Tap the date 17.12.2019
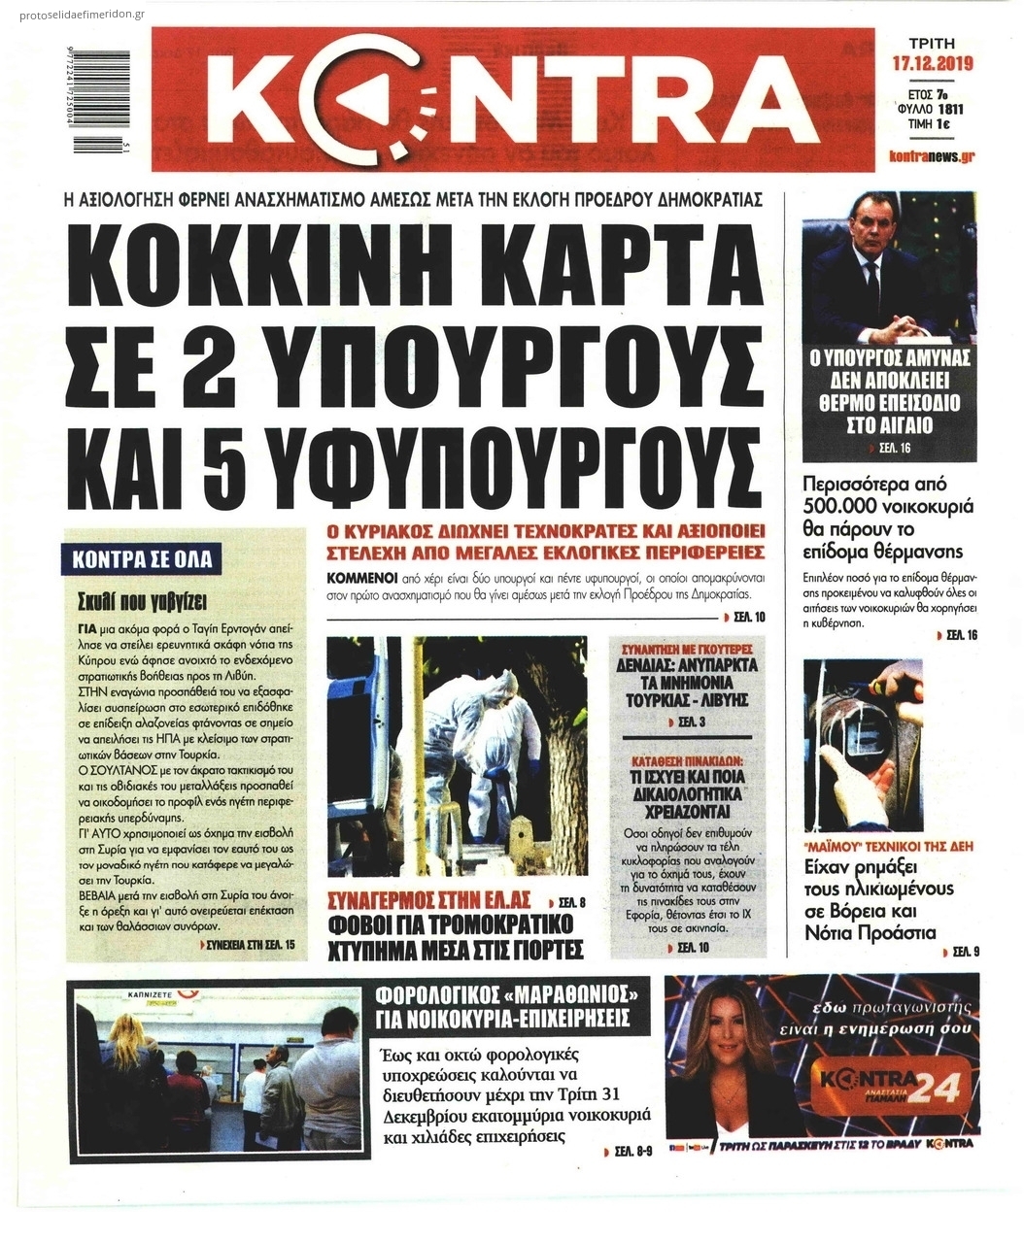(x=932, y=65)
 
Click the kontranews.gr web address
(x=931, y=155)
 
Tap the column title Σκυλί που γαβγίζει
(x=144, y=598)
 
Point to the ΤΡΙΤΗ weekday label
(x=931, y=44)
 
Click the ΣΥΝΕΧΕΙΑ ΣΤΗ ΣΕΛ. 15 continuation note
(x=250, y=944)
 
